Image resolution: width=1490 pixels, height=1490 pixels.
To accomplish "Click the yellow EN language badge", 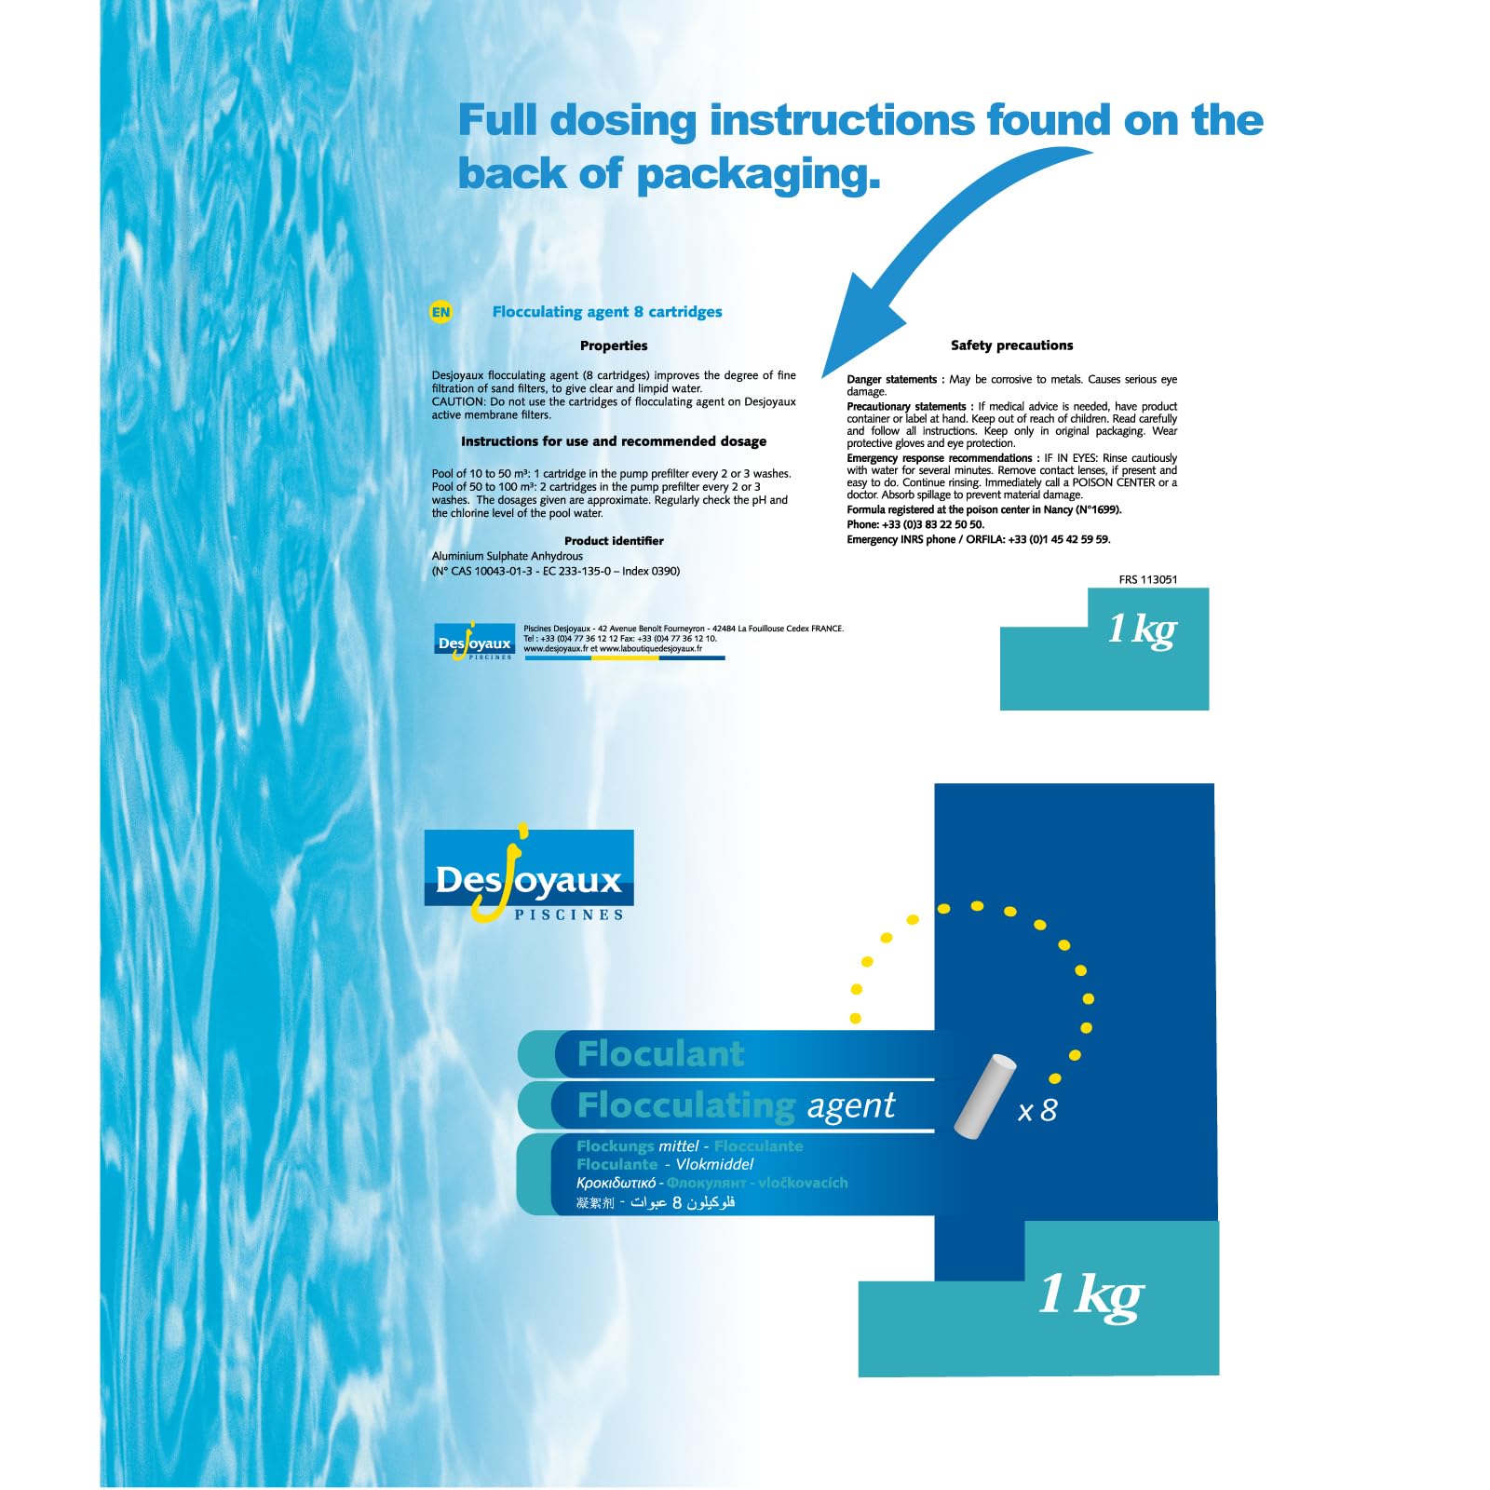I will coord(440,312).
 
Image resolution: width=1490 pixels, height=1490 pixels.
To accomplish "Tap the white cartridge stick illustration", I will coord(984,1095).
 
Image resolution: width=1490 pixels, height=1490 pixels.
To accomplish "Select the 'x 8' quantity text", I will coord(1037,1110).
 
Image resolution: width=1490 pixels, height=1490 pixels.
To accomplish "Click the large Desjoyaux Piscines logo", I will coord(529,875).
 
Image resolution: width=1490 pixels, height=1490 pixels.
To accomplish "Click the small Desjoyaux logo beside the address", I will coord(475,642).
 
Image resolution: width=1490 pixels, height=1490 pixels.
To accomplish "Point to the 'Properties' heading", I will coord(614,345).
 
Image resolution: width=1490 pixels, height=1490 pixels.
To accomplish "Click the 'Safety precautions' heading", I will coord(1011,345).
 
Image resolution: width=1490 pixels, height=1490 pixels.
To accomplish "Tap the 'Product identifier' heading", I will coord(614,541).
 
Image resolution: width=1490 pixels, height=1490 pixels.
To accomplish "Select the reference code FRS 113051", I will coord(1148,579).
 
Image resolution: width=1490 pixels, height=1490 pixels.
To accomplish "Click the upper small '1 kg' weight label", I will coord(1142,629).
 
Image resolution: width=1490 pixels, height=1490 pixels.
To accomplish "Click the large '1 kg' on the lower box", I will coord(1090,1294).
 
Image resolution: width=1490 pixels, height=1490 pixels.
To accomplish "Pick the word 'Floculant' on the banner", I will coord(660,1053).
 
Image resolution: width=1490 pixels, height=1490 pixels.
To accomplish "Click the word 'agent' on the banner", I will coord(850,1105).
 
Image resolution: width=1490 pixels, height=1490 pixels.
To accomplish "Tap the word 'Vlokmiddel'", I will coord(714,1164).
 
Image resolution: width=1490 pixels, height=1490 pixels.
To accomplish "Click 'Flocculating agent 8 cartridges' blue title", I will coord(607,312).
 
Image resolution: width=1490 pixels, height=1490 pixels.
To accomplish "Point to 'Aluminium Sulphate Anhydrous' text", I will coord(508,556).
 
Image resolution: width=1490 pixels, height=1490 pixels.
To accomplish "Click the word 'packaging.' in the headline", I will coord(758,174).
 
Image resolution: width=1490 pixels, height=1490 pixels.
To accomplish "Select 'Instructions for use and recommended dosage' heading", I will coord(614,441).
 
